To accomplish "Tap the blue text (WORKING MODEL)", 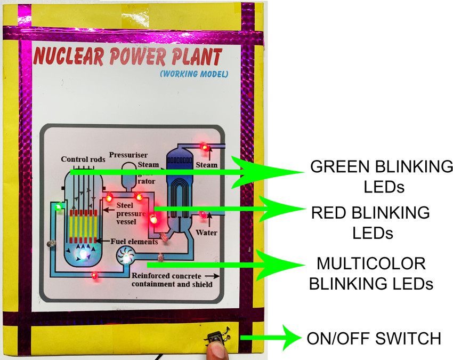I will [x=193, y=74].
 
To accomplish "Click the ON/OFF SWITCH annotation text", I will [x=374, y=338].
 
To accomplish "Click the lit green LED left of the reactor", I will [x=58, y=206].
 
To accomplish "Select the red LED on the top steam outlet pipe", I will [x=203, y=146].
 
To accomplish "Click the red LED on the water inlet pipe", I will [x=203, y=215].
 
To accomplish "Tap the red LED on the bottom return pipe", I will [x=94, y=276].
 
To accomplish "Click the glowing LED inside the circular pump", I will [x=126, y=258].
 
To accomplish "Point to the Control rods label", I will [x=83, y=159].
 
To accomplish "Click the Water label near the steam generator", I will [x=206, y=233].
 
